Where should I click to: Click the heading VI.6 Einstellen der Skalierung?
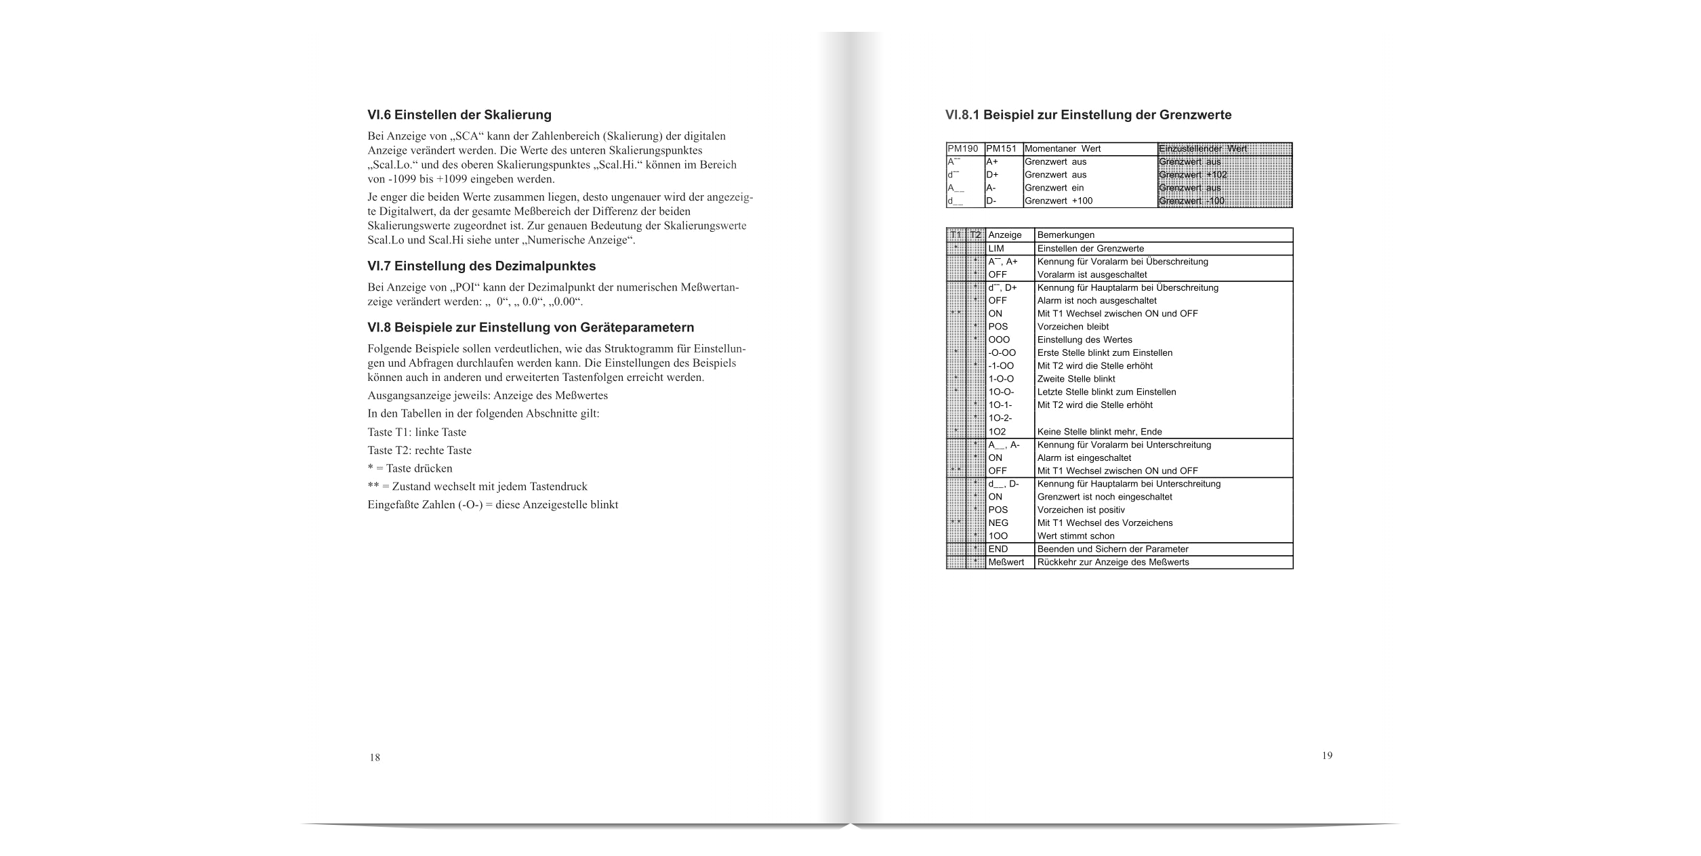coord(459,115)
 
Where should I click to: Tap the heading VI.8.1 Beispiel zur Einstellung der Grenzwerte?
coord(1088,115)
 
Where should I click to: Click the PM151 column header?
coord(1003,149)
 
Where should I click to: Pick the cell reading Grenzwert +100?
coord(1059,201)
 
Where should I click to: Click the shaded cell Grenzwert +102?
coord(1193,175)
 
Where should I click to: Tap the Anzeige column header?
coord(1005,235)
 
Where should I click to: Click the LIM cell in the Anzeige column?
coord(996,249)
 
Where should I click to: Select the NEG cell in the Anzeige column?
coord(998,523)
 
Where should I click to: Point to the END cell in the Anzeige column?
coord(998,549)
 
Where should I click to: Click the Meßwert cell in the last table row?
coord(1006,562)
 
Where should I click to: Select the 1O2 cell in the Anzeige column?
coord(997,432)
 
